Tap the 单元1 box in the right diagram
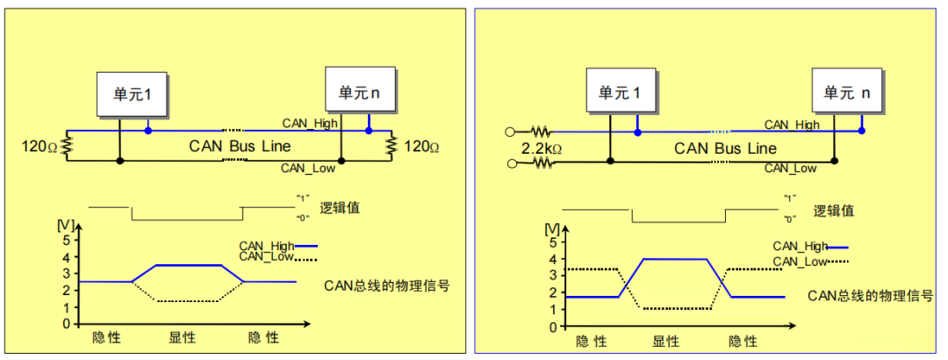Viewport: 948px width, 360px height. [619, 92]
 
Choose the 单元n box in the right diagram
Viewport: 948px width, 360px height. [846, 92]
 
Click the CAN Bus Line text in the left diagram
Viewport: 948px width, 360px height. [240, 146]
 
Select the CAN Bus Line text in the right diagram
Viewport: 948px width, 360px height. [725, 148]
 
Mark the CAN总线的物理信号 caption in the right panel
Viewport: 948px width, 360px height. [870, 295]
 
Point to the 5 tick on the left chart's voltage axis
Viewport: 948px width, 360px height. [66, 239]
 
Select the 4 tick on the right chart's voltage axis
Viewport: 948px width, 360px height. [550, 259]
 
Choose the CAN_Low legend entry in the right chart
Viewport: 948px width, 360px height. [800, 262]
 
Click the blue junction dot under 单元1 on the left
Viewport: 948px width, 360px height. [148, 130]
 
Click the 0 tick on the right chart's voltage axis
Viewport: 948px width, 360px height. [550, 326]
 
